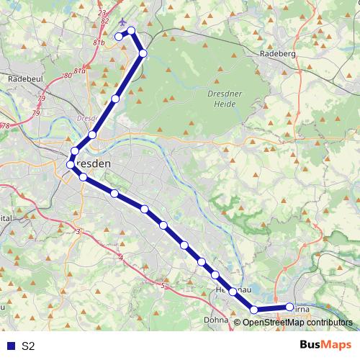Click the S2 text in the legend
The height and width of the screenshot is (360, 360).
click(28, 346)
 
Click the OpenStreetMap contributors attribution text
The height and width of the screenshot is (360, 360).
click(297, 323)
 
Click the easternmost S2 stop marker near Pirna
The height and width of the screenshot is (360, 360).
click(290, 307)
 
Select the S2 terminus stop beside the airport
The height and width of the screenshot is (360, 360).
click(119, 37)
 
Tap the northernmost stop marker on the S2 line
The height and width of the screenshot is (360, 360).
click(132, 31)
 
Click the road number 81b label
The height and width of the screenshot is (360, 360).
click(98, 42)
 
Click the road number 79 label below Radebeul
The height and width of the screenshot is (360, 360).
click(41, 97)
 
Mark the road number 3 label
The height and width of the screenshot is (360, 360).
click(78, 231)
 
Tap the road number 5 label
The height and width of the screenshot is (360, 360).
click(163, 286)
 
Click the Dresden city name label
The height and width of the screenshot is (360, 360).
click(94, 164)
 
